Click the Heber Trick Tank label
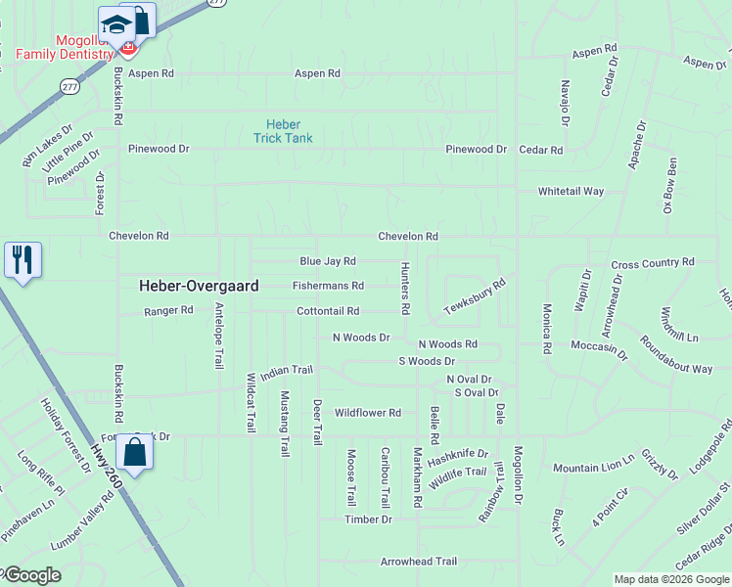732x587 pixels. (x=290, y=131)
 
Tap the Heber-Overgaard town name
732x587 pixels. (x=199, y=286)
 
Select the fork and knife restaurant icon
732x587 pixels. (x=23, y=260)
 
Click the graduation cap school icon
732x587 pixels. (x=116, y=24)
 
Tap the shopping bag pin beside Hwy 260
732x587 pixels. (x=135, y=453)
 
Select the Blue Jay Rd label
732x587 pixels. (x=328, y=261)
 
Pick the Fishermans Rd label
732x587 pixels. (x=328, y=286)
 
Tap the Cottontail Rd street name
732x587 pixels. (x=328, y=311)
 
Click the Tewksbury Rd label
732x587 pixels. (x=475, y=296)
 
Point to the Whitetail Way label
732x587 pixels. (x=571, y=192)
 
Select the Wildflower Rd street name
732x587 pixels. (x=368, y=413)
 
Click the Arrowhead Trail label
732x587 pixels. (x=419, y=562)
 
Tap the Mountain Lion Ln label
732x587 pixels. (x=594, y=468)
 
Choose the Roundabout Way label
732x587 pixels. (x=676, y=356)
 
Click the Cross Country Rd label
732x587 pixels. (x=652, y=263)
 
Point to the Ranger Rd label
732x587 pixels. (x=169, y=310)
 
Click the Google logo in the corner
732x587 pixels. (x=31, y=575)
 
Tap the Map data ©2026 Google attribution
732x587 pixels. (x=670, y=579)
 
